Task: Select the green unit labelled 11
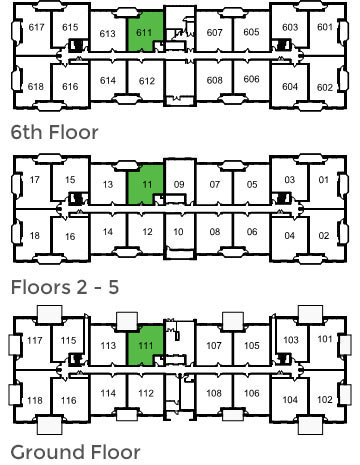click(x=145, y=183)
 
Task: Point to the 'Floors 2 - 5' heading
click(x=65, y=287)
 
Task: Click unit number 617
click(x=37, y=27)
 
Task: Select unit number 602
click(x=324, y=87)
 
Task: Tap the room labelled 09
click(x=179, y=184)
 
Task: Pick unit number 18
click(x=35, y=235)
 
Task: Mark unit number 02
click(x=323, y=235)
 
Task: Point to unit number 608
click(x=214, y=80)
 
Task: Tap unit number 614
click(x=109, y=80)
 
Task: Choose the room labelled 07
click(x=214, y=184)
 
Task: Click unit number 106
click(x=251, y=393)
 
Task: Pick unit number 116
click(x=69, y=401)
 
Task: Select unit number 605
click(x=251, y=32)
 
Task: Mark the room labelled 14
click(x=109, y=232)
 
